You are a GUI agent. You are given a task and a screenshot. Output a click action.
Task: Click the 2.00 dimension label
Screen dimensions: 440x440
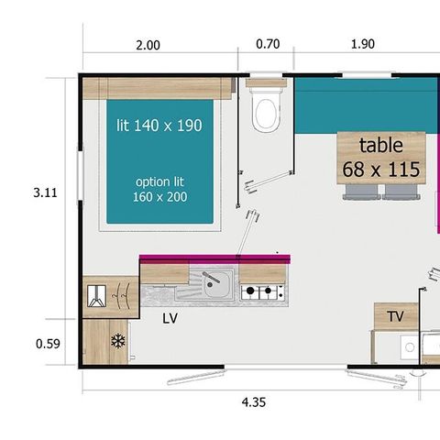(x=148, y=44)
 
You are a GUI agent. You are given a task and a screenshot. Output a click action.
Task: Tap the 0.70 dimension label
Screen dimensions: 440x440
(x=268, y=44)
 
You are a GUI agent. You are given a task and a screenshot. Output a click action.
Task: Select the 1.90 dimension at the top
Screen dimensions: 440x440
(x=363, y=44)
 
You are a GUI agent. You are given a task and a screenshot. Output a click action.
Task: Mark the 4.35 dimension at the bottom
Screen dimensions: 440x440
(x=254, y=401)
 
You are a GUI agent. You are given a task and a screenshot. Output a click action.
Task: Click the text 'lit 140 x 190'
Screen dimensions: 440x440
(x=159, y=126)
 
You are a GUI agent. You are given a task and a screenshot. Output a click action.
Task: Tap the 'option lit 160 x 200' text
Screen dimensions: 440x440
(x=159, y=188)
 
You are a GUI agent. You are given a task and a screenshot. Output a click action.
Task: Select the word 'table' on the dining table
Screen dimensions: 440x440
(x=380, y=145)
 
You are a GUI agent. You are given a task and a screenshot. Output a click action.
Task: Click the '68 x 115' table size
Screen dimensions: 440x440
(x=381, y=169)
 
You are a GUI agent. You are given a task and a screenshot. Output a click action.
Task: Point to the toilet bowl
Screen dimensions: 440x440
(x=266, y=113)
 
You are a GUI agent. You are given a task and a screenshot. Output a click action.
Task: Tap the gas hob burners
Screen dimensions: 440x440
(x=262, y=292)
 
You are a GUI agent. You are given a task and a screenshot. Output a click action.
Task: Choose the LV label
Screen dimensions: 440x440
(x=170, y=318)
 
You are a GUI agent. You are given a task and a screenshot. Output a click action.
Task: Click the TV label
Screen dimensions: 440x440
(x=395, y=316)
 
